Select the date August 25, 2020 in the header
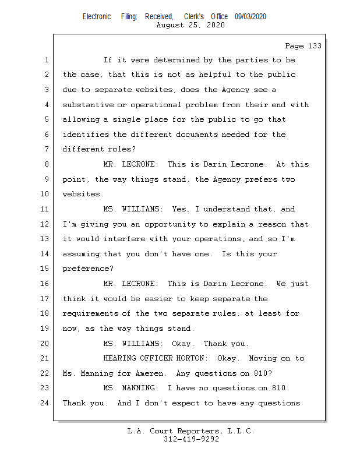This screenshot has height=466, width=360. click(191, 26)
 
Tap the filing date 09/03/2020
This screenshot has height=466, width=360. click(250, 17)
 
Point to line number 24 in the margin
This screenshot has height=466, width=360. click(44, 403)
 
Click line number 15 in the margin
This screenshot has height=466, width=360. click(44, 269)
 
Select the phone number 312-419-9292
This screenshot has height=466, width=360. click(191, 440)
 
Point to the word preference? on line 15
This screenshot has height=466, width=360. click(88, 269)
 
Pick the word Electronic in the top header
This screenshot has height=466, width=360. click(97, 17)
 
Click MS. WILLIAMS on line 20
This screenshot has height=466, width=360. click(134, 344)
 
